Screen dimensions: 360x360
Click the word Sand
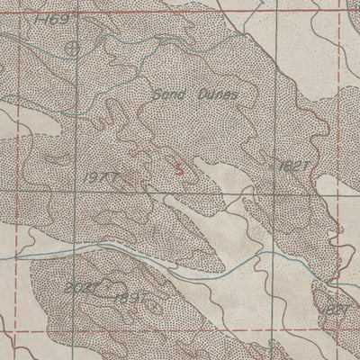click(166, 94)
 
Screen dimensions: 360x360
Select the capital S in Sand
click(157, 94)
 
